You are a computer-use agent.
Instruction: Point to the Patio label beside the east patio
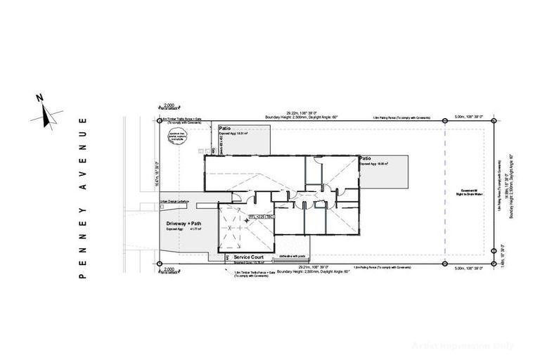click(x=365, y=160)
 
